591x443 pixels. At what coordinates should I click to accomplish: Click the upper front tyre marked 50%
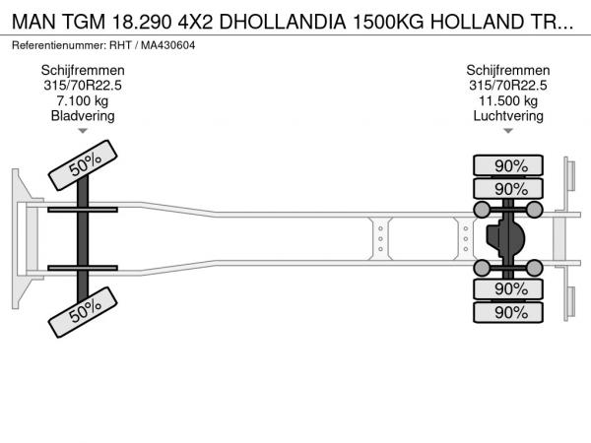[83, 165]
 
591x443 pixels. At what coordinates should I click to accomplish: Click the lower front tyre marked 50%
[83, 312]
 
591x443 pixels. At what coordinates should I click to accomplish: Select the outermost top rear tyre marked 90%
[508, 165]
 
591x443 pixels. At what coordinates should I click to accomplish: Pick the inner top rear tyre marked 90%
[508, 188]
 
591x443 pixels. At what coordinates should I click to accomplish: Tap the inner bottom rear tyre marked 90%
[508, 289]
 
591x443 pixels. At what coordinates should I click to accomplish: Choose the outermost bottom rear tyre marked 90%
[508, 312]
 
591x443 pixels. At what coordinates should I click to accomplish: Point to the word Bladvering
[83, 115]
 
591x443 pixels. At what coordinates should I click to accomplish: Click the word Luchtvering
[508, 115]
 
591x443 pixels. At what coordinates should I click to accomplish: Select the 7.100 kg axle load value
[82, 100]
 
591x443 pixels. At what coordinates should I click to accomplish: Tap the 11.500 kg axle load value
[508, 100]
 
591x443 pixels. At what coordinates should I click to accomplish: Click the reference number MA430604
[168, 45]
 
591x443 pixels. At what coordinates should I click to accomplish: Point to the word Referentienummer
[58, 45]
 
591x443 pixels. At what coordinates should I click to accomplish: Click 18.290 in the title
[142, 22]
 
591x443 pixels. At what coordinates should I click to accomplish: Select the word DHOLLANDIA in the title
[283, 22]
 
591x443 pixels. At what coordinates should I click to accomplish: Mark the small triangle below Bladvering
[83, 131]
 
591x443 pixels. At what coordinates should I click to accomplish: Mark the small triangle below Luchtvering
[508, 131]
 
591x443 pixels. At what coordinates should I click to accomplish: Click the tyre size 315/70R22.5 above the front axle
[83, 85]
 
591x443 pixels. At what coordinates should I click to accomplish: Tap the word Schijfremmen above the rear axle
[508, 70]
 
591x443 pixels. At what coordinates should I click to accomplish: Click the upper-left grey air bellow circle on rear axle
[482, 210]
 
